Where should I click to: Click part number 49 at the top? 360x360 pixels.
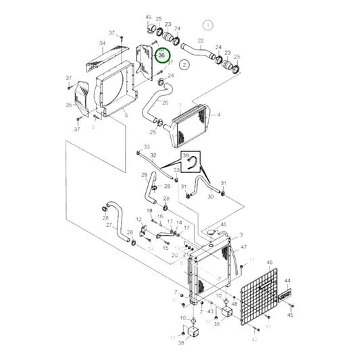[148, 17]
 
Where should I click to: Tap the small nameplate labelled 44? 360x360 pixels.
[286, 294]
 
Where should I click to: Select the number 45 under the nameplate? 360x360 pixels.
[290, 315]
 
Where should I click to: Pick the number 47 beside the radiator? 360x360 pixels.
[243, 249]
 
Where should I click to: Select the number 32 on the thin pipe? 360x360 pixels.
[153, 155]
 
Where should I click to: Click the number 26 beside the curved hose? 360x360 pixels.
[165, 103]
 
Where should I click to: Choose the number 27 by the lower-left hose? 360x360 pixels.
[109, 225]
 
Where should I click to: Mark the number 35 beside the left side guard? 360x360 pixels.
[68, 105]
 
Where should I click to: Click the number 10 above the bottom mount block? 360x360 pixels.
[183, 317]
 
